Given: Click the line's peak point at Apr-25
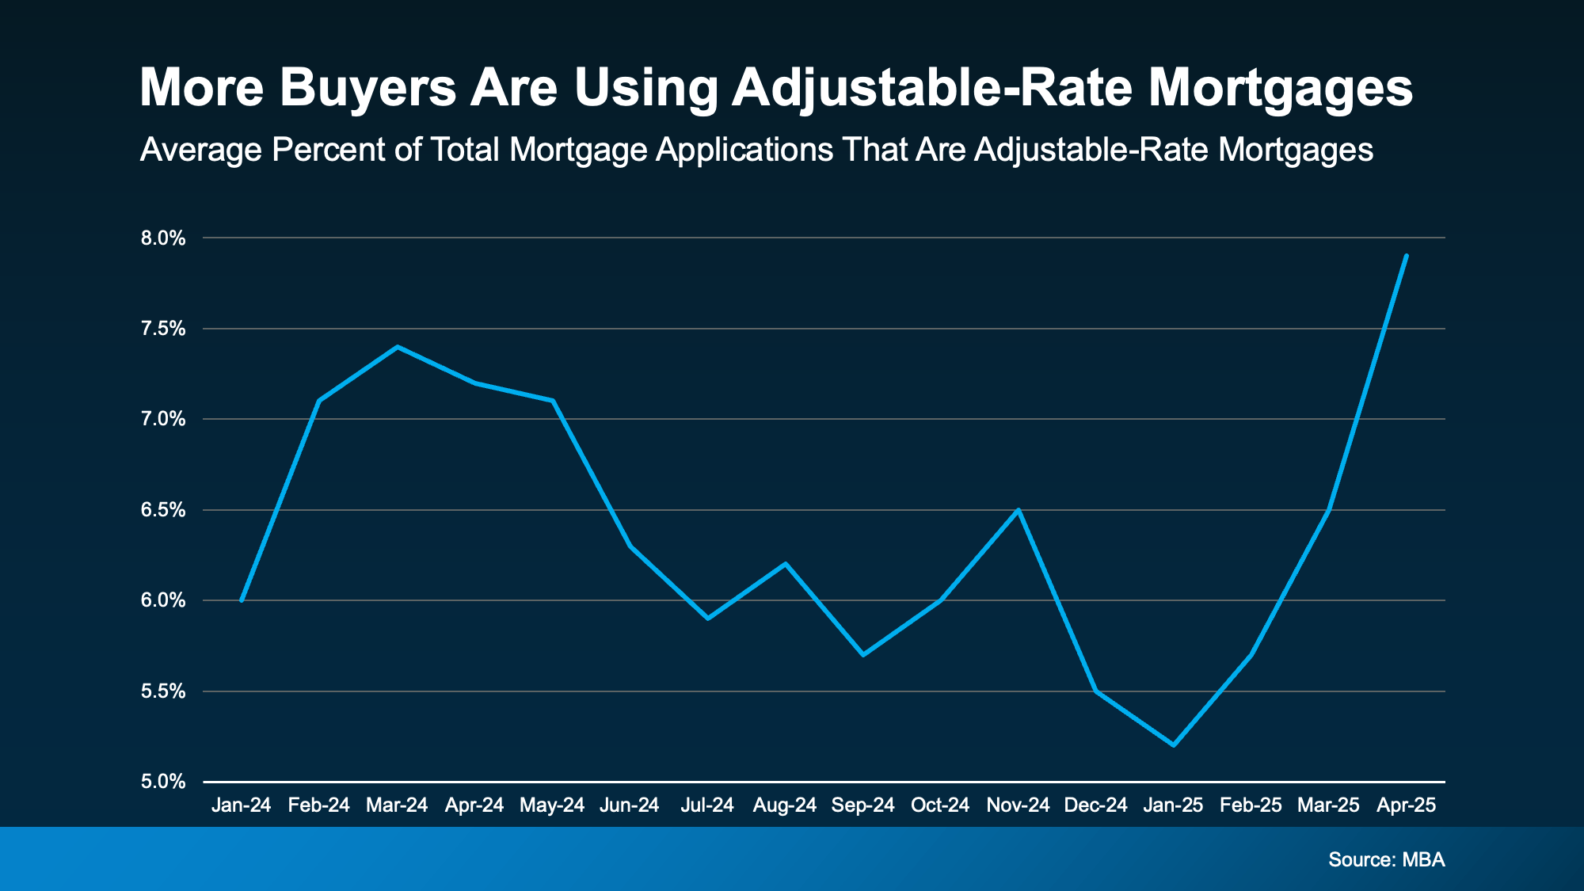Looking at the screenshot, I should pyautogui.click(x=1406, y=256).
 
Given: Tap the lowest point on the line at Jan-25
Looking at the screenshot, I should pyautogui.click(x=1173, y=744).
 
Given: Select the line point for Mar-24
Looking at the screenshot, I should pyautogui.click(x=397, y=347).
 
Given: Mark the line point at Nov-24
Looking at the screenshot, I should pyautogui.click(x=1019, y=510).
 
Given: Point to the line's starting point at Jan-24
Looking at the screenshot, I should pyautogui.click(x=241, y=600).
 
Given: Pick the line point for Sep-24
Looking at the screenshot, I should pyautogui.click(x=862, y=655).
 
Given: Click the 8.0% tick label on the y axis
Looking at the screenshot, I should pyautogui.click(x=163, y=238).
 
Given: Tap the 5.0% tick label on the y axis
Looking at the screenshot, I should pyautogui.click(x=163, y=782).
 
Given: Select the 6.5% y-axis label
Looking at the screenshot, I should pyautogui.click(x=163, y=510).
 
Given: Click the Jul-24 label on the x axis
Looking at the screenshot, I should pyautogui.click(x=707, y=805).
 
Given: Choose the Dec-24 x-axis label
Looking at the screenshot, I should pyautogui.click(x=1095, y=805).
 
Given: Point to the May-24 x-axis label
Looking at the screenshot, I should pyautogui.click(x=552, y=805).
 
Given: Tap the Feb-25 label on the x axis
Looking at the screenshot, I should pyautogui.click(x=1251, y=805).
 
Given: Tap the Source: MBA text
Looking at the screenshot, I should pyautogui.click(x=1386, y=859).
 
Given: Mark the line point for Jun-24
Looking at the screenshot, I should pyautogui.click(x=630, y=546).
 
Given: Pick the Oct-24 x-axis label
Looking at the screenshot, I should pyautogui.click(x=940, y=805).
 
